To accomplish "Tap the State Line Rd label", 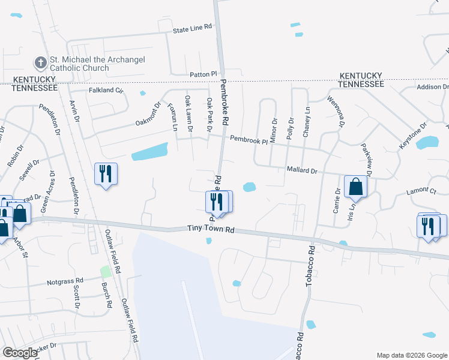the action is pyautogui.click(x=193, y=28).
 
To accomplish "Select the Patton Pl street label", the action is pyautogui.click(x=202, y=74).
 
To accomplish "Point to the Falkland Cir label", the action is pyautogui.click(x=106, y=91).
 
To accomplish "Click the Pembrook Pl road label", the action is pyautogui.click(x=249, y=140).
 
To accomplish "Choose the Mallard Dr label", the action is pyautogui.click(x=302, y=171).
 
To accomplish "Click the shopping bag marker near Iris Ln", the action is pyautogui.click(x=356, y=187).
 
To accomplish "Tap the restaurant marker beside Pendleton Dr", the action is pyautogui.click(x=106, y=174).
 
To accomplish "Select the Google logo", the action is pyautogui.click(x=20, y=353).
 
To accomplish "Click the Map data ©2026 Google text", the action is pyautogui.click(x=411, y=355).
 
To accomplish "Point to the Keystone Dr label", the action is pyautogui.click(x=412, y=137).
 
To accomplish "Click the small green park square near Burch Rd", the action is pyautogui.click(x=106, y=272).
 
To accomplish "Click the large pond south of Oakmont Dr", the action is pyautogui.click(x=149, y=152).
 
